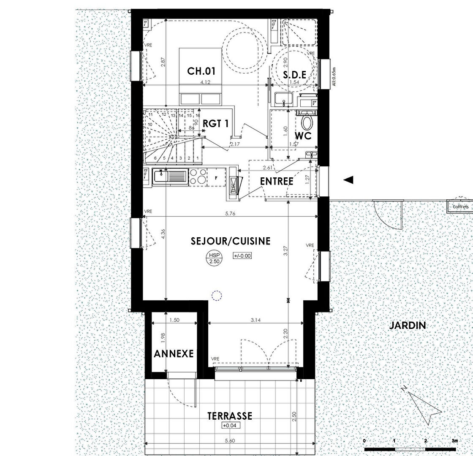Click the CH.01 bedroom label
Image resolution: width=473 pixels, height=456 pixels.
[x=201, y=71]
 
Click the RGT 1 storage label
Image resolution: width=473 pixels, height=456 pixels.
[x=215, y=124]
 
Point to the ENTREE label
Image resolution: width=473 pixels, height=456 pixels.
[x=277, y=181]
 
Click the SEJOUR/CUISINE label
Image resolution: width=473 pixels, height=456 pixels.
[x=230, y=241]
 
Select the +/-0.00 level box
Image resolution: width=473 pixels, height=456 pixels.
[x=242, y=255]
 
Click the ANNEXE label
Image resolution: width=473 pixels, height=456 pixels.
[x=174, y=353]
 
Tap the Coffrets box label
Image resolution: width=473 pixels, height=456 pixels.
[x=460, y=207]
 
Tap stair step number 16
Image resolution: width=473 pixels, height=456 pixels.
[x=198, y=115]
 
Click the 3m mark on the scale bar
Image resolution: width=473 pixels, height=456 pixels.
[x=454, y=441]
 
